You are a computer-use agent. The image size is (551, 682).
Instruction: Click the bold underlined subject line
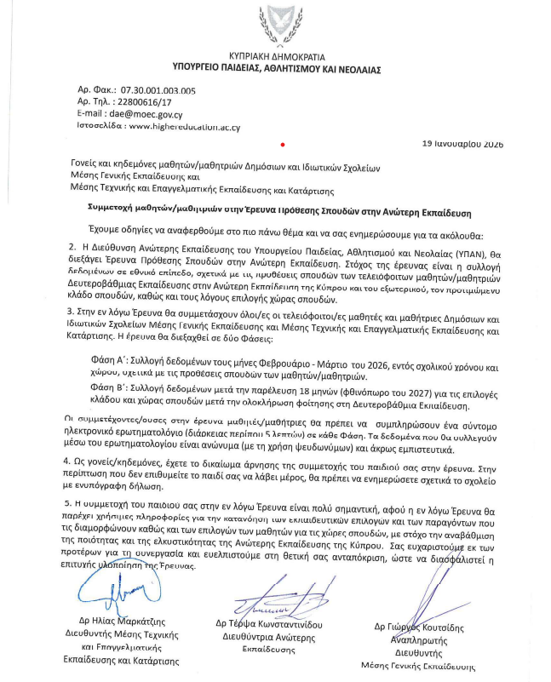click(x=278, y=208)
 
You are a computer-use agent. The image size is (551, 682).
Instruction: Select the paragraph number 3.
click(x=70, y=316)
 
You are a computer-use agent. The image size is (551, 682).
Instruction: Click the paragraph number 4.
click(x=70, y=461)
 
